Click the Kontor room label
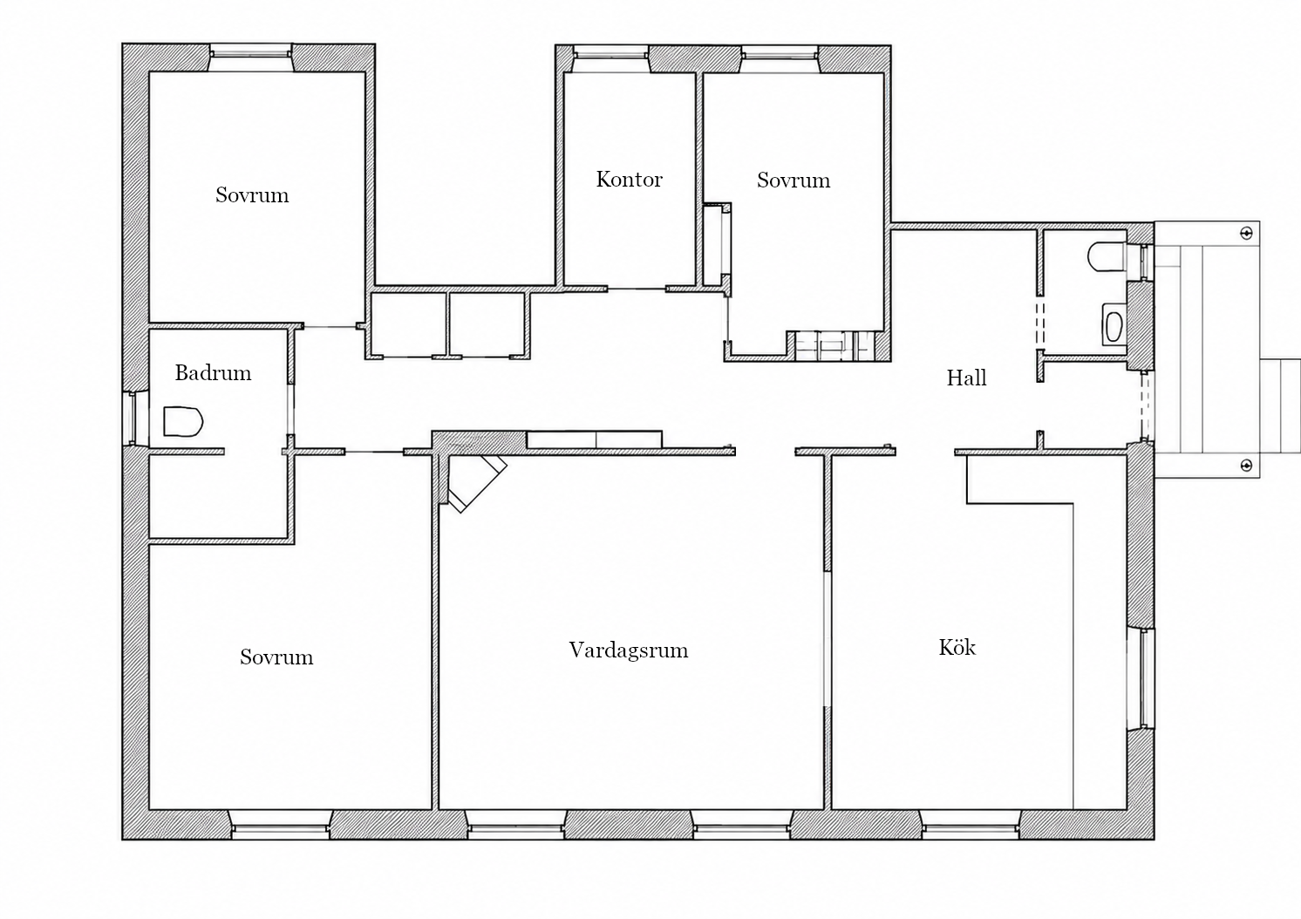(629, 180)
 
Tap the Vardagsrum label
(629, 650)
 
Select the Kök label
(957, 647)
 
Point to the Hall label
(966, 378)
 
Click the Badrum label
(213, 373)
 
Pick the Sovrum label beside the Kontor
(794, 180)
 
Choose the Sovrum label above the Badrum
(252, 195)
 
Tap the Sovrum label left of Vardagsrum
(276, 657)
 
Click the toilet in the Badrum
(183, 421)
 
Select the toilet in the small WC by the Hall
(1107, 256)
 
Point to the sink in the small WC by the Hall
(1114, 326)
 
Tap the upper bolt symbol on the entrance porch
(1246, 233)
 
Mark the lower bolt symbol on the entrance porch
(1246, 466)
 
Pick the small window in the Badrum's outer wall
(133, 419)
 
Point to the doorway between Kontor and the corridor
(637, 289)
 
